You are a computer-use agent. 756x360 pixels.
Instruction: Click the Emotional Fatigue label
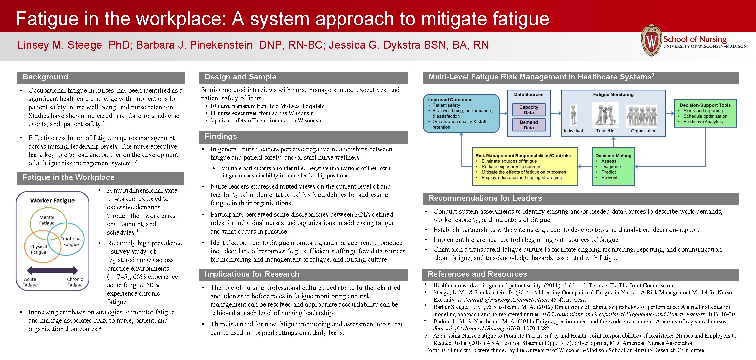(x=71, y=242)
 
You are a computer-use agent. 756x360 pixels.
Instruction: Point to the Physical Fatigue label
(x=38, y=249)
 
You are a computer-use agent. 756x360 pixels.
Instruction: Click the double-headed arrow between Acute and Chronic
(x=52, y=270)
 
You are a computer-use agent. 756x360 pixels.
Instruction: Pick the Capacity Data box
(x=528, y=110)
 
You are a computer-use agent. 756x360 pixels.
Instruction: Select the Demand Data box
(x=528, y=125)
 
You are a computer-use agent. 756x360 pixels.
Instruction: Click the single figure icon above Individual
(x=573, y=115)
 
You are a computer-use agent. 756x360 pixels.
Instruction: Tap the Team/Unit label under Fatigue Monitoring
(x=606, y=131)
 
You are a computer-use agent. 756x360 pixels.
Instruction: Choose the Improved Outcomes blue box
(x=461, y=113)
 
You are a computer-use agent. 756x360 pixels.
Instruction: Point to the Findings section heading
(x=221, y=137)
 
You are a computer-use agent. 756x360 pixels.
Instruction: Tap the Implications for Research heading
(x=252, y=274)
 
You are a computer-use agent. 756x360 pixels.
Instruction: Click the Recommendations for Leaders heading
(x=485, y=198)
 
